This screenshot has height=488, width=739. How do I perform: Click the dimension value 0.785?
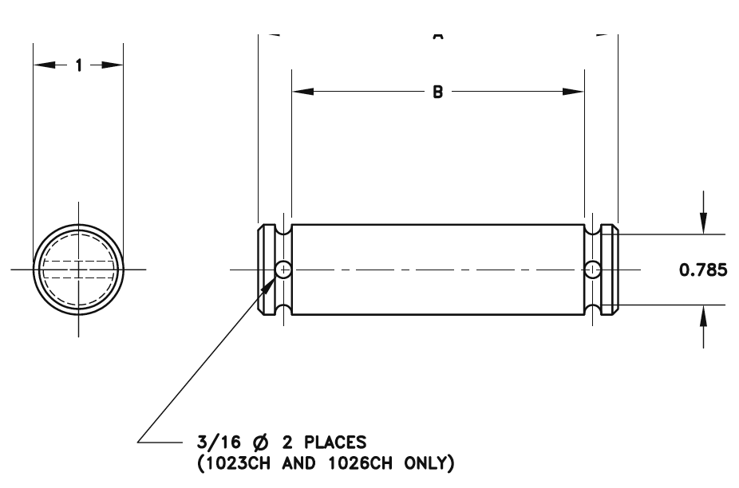pos(702,270)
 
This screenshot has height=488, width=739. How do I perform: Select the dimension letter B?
pos(437,92)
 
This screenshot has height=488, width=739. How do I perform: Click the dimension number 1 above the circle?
pos(78,66)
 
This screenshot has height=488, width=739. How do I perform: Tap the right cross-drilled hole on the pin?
pos(591,270)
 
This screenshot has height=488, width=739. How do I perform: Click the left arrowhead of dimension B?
pos(301,92)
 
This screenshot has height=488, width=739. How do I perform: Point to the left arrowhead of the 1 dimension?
pos(41,66)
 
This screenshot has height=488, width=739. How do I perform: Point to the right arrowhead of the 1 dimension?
pos(114,66)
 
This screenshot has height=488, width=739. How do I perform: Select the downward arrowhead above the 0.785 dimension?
pos(702,226)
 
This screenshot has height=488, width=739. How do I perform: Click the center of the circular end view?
pos(78,270)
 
